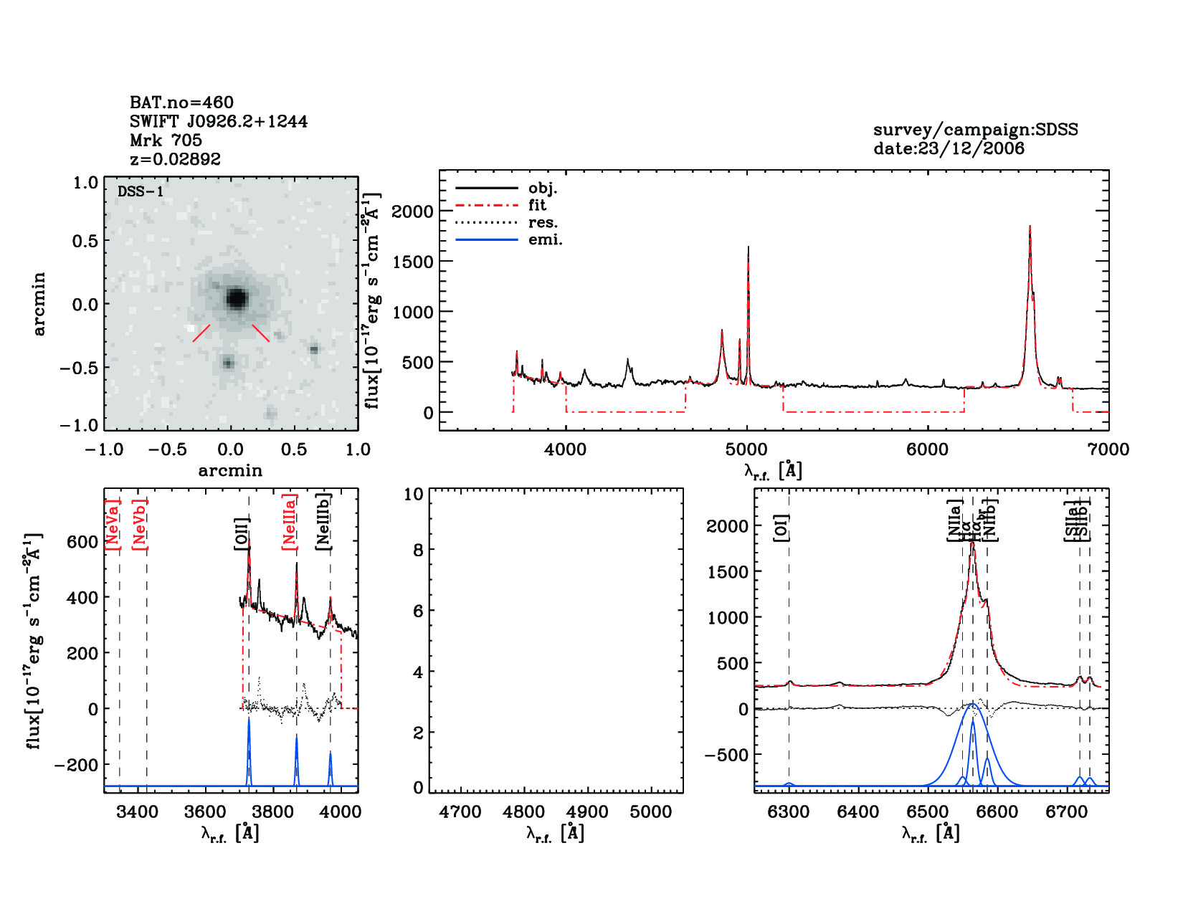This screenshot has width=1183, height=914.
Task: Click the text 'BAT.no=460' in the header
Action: point(181,103)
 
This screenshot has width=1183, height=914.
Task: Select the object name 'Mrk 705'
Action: point(166,141)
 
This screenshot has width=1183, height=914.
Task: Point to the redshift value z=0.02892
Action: point(175,159)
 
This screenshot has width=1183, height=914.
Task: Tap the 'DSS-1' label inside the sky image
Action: point(141,192)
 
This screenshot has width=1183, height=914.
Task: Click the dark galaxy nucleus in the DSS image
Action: point(237,297)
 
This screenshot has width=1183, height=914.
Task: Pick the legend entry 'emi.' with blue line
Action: point(545,240)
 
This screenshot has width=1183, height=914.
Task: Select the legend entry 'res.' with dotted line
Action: point(543,223)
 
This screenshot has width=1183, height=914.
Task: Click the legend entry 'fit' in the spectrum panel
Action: point(537,206)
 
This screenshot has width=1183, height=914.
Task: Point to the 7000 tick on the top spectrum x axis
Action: point(1108,449)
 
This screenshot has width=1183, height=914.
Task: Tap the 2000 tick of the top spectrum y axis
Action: point(413,211)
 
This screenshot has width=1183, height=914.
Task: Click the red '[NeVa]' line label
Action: point(113,524)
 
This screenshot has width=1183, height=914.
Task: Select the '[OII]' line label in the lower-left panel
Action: point(242,533)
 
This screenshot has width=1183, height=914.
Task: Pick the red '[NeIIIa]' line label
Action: point(289,522)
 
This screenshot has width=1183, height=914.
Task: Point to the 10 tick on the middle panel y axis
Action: point(414,494)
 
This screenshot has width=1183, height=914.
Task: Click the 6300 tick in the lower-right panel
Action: point(789,812)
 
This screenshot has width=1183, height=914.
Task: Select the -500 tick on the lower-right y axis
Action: point(727,755)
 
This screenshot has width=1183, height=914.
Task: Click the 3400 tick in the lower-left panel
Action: point(137,812)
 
